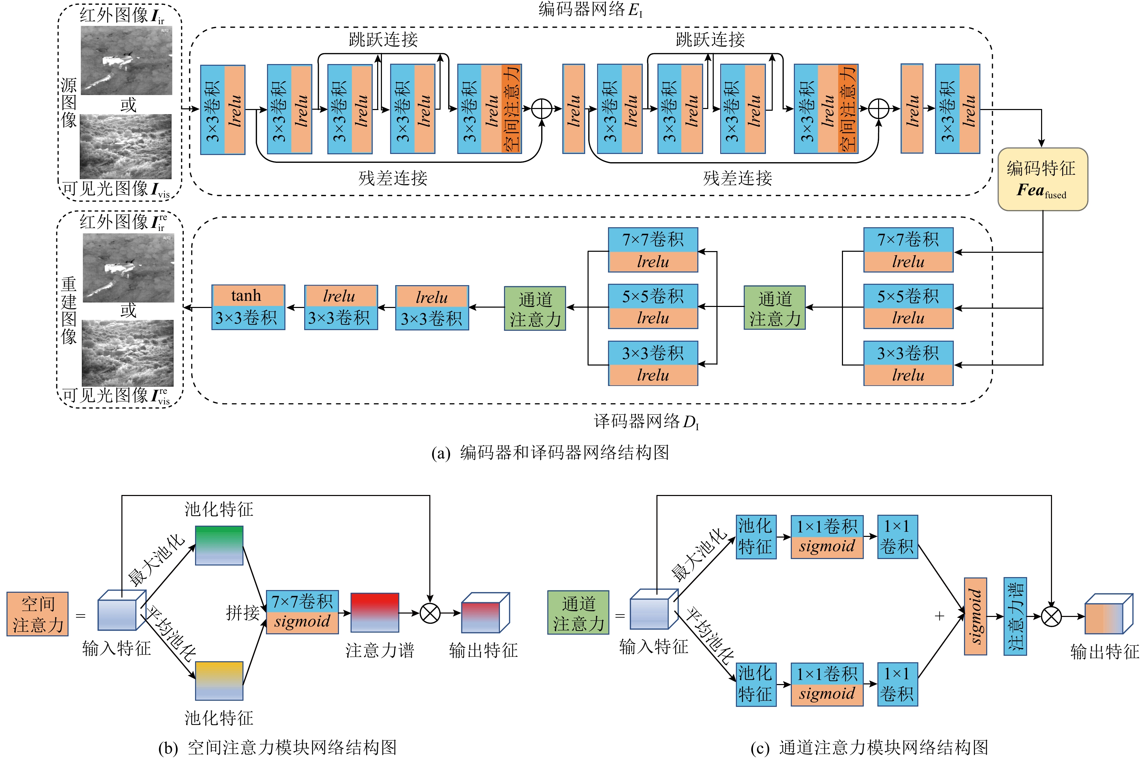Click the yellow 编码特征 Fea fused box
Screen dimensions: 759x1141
[1042, 179]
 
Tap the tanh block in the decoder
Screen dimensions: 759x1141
[248, 295]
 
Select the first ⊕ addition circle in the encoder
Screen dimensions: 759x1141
[542, 109]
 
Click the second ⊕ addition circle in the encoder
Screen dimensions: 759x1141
[878, 109]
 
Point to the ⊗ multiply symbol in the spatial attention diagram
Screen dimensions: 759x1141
[430, 613]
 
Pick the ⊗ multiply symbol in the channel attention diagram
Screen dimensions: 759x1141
[1051, 617]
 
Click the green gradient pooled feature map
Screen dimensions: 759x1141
[219, 545]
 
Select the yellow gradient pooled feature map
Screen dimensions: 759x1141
[219, 681]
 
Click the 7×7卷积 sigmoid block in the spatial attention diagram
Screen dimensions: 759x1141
[302, 612]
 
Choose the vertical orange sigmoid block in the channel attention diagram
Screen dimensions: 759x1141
[975, 616]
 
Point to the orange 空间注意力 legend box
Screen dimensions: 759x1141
[37, 614]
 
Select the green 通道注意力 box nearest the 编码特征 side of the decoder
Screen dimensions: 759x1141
[774, 308]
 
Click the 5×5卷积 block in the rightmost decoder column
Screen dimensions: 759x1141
[908, 306]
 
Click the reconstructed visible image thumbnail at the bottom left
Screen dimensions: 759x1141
[128, 353]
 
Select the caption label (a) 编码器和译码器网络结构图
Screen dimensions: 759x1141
[550, 453]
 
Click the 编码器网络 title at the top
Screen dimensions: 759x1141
[590, 10]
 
